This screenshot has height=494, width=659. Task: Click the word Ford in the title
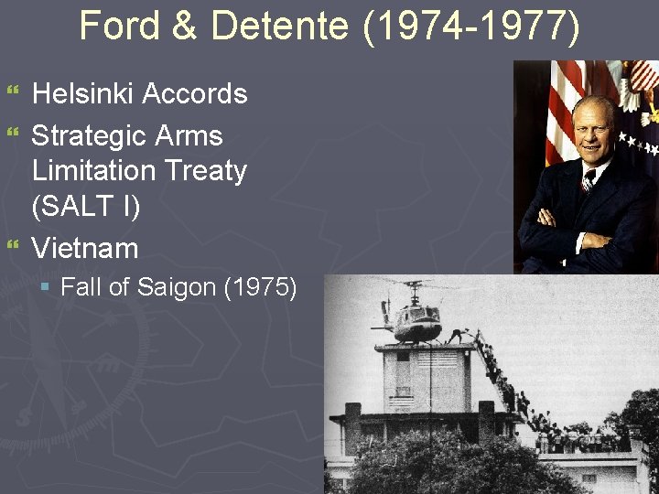tap(114, 26)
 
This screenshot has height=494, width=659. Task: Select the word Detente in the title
tap(279, 26)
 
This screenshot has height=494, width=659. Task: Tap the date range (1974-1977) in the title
tap(471, 26)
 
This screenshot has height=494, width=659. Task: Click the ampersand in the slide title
tap(184, 26)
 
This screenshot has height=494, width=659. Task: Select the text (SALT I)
tap(86, 207)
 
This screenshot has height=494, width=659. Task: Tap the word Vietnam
tap(85, 248)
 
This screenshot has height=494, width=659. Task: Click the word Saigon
tap(177, 287)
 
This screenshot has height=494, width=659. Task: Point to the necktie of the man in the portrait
tap(588, 180)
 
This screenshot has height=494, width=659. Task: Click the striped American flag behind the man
tap(561, 110)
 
